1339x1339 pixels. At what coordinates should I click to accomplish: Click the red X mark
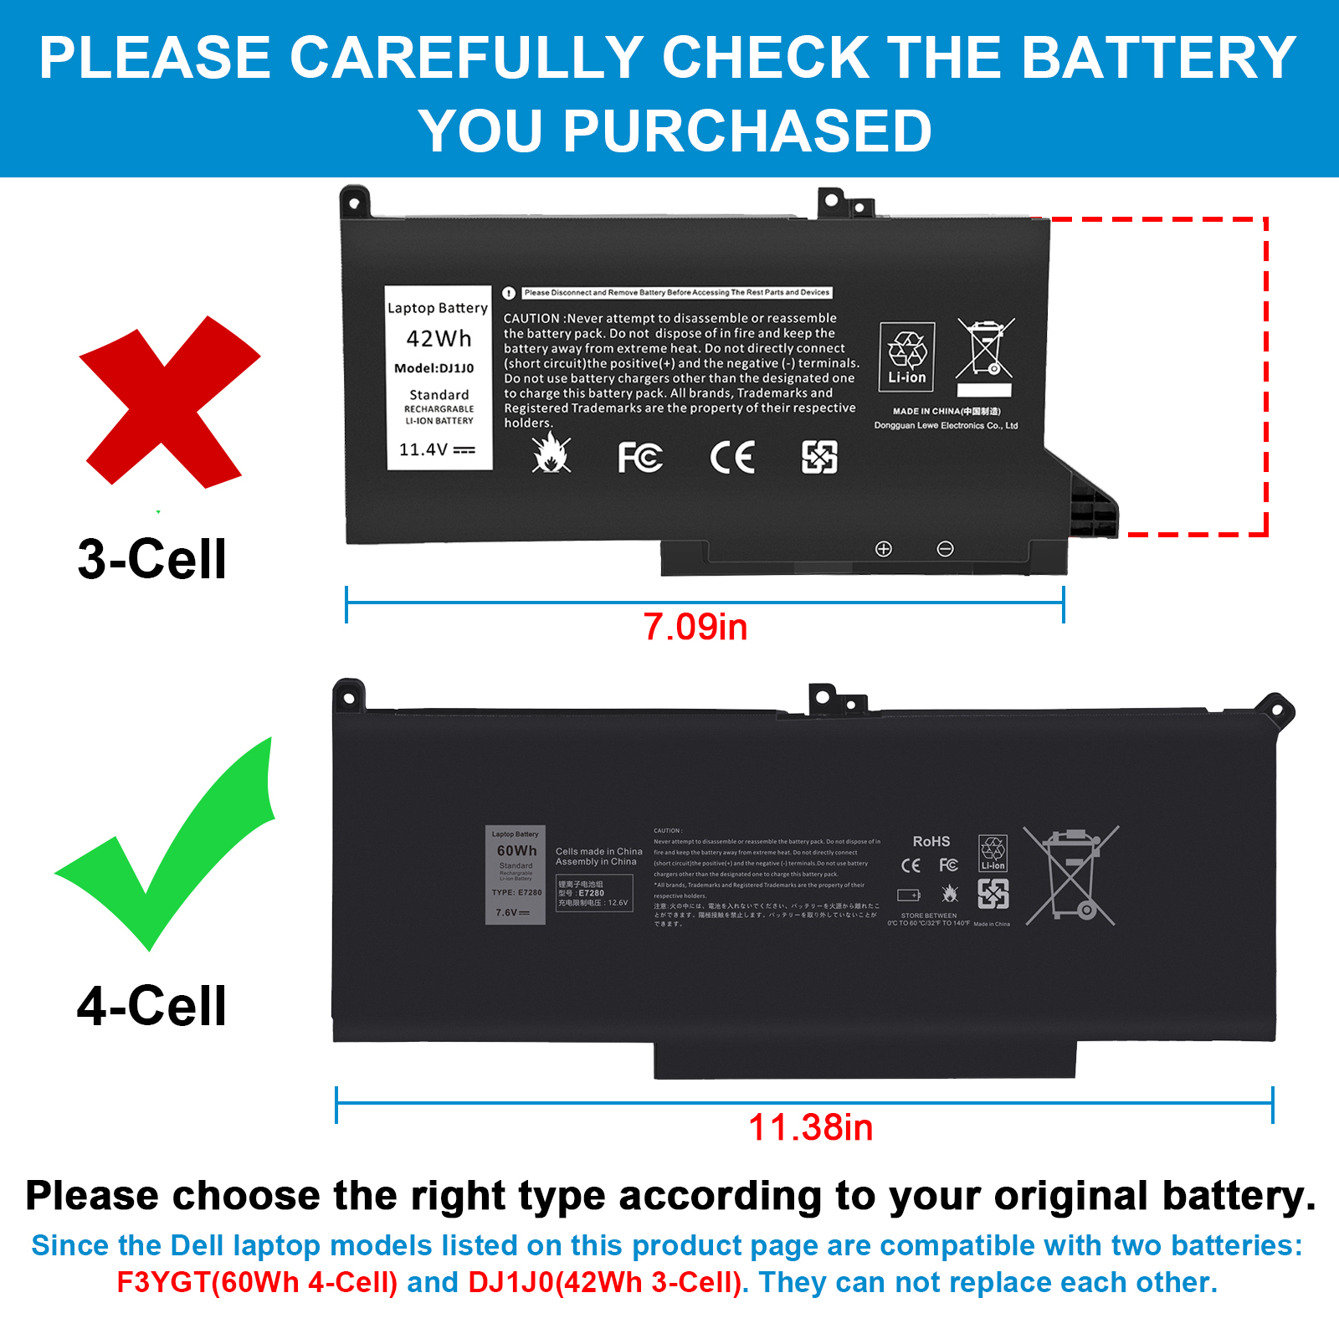(167, 402)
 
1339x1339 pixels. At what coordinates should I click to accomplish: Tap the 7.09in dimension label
(695, 627)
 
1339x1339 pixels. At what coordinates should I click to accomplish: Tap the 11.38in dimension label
(810, 1127)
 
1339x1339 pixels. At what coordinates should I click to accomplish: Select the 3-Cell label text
(151, 559)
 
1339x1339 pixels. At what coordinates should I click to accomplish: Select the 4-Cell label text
(151, 1005)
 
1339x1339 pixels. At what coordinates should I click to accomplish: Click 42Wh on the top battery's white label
(439, 339)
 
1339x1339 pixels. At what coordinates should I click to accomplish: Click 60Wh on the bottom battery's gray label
(516, 850)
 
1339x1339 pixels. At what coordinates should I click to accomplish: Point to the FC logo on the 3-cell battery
(640, 457)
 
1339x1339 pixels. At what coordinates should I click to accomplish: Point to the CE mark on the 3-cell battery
(732, 457)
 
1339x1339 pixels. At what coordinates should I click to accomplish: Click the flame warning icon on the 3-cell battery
(551, 454)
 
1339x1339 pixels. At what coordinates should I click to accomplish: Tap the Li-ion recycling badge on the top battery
(907, 357)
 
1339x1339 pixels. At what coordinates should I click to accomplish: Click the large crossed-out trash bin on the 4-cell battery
(1071, 875)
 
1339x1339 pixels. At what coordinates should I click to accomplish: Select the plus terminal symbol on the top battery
(883, 549)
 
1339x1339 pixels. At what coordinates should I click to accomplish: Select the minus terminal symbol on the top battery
(945, 549)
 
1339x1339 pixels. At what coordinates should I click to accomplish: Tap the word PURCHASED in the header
(746, 131)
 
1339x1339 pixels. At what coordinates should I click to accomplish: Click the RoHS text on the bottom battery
(931, 841)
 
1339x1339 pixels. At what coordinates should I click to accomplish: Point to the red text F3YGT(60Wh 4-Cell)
(257, 1282)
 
